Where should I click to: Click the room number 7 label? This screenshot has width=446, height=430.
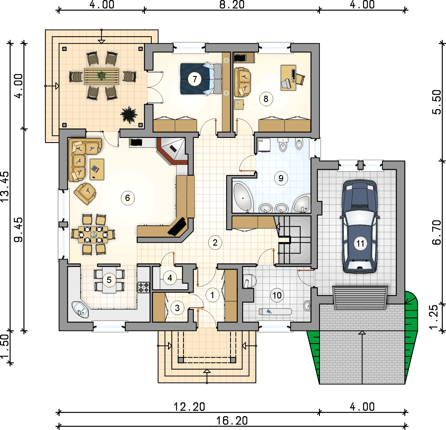pyautogui.click(x=195, y=79)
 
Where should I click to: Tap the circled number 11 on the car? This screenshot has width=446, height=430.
pyautogui.click(x=360, y=243)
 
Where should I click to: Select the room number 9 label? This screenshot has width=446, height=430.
pyautogui.click(x=281, y=178)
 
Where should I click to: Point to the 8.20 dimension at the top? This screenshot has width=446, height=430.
pyautogui.click(x=232, y=5)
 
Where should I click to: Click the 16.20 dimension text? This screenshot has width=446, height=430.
pyautogui.click(x=232, y=421)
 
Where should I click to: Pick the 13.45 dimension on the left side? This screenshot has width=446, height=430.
pyautogui.click(x=5, y=186)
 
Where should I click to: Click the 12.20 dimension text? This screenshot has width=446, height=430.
pyautogui.click(x=189, y=407)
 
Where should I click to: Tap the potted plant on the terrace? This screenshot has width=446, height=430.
pyautogui.click(x=129, y=115)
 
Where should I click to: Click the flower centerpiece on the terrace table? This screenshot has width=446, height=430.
pyautogui.click(x=101, y=75)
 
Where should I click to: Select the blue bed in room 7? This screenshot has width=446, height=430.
pyautogui.click(x=201, y=79)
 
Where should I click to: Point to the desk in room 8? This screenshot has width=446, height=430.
pyautogui.click(x=288, y=78)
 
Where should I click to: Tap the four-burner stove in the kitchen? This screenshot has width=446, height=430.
pyautogui.click(x=144, y=287)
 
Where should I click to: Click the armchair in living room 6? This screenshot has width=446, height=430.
pyautogui.click(x=85, y=193)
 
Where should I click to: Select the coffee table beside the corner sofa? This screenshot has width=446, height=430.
pyautogui.click(x=97, y=169)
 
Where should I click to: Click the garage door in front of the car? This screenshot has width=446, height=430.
pyautogui.click(x=360, y=298)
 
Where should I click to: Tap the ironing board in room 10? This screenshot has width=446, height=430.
pyautogui.click(x=275, y=311)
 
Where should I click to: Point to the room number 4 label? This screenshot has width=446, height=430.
pyautogui.click(x=170, y=278)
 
